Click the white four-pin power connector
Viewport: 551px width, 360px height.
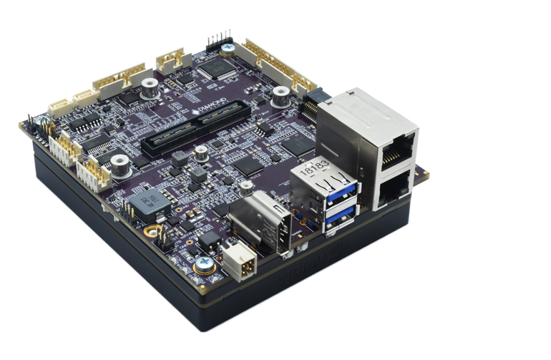coord(238,263)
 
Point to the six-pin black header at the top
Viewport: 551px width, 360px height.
coord(219,41)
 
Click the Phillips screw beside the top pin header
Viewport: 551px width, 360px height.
coord(228,49)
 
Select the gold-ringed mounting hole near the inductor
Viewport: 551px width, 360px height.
coord(150,231)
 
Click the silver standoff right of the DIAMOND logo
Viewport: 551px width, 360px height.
coord(281,95)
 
